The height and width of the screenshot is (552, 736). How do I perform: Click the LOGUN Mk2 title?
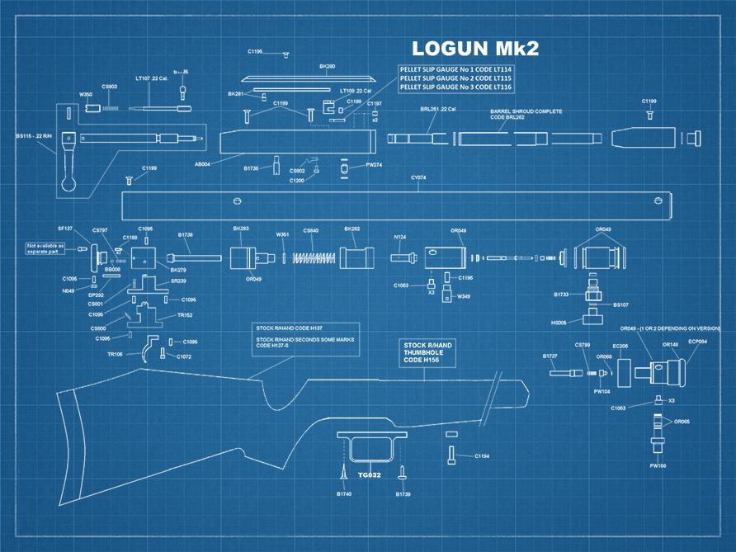pyautogui.click(x=474, y=49)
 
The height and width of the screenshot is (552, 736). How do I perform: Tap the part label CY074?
pyautogui.click(x=418, y=177)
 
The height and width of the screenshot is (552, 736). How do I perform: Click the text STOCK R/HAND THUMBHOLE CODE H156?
pyautogui.click(x=425, y=352)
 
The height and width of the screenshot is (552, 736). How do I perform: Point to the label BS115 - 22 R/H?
pyautogui.click(x=34, y=136)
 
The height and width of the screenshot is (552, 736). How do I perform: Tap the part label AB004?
pyautogui.click(x=201, y=164)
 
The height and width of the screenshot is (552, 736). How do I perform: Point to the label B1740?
pyautogui.click(x=344, y=493)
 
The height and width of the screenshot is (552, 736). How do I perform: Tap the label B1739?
pyautogui.click(x=403, y=493)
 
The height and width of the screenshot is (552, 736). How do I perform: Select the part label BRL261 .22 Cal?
pyautogui.click(x=438, y=109)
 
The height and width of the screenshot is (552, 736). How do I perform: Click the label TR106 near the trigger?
pyautogui.click(x=115, y=354)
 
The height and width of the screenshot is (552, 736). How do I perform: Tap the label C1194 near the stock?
pyautogui.click(x=482, y=455)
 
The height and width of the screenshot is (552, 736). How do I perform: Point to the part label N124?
pyautogui.click(x=399, y=237)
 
